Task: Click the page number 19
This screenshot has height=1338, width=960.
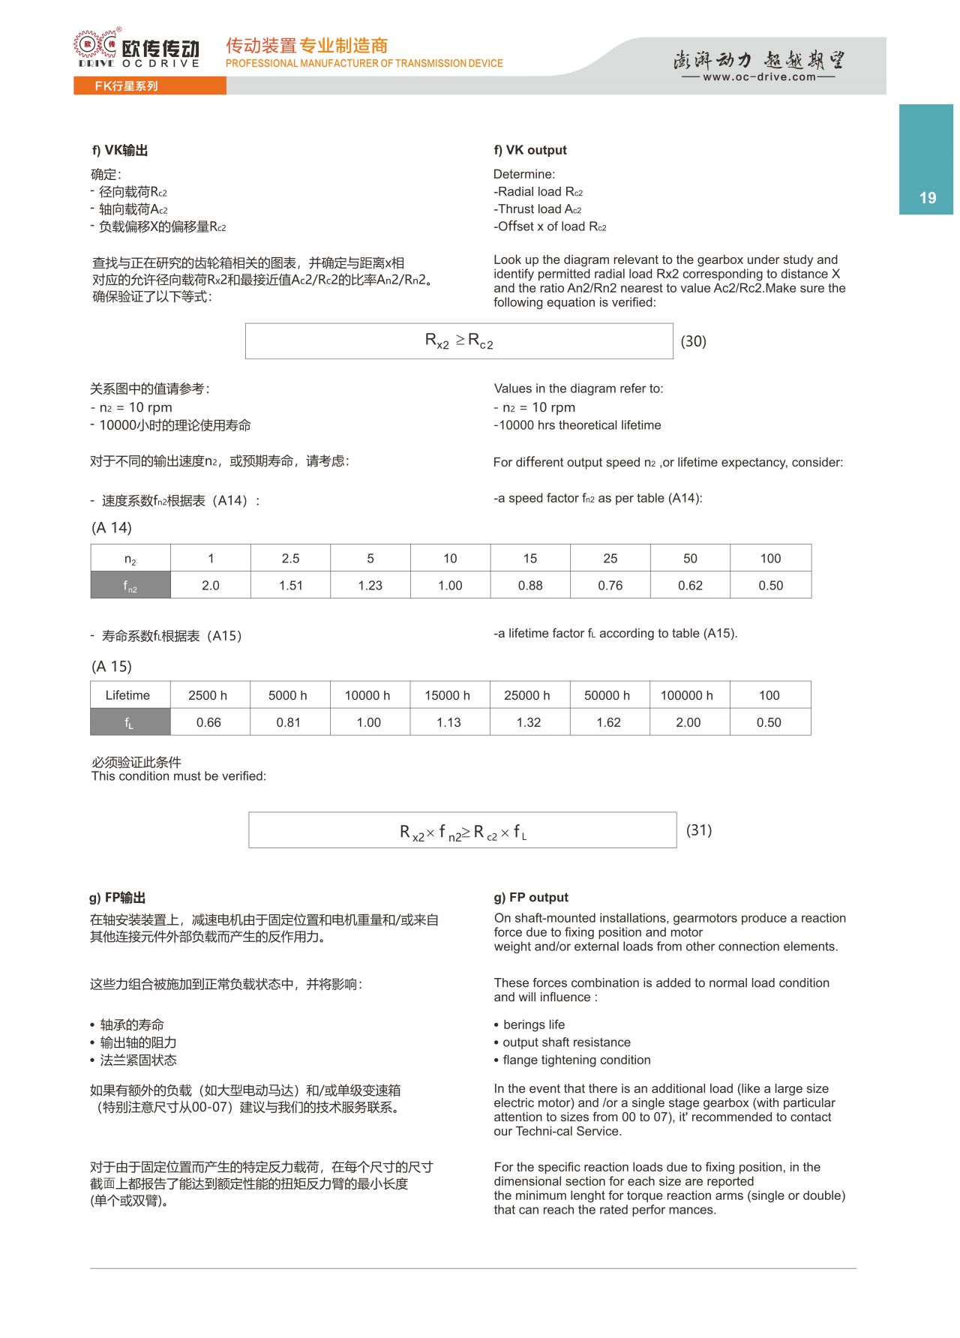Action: coord(928,198)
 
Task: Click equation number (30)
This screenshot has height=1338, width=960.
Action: coord(693,341)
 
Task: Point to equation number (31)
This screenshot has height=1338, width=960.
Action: coord(698,830)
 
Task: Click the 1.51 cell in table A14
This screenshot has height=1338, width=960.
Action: coord(290,586)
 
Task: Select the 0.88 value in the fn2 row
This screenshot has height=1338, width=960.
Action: coord(530,586)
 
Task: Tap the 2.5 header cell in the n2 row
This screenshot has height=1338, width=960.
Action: coord(290,559)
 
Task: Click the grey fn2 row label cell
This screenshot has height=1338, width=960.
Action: coord(130,586)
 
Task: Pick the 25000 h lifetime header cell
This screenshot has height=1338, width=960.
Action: coord(526,695)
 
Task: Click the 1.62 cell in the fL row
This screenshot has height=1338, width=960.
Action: coord(608,722)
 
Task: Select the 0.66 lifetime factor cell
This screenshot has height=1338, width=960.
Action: coord(208,722)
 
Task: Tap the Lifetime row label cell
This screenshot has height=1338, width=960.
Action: coord(127,695)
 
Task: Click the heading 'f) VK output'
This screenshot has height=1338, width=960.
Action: coord(529,150)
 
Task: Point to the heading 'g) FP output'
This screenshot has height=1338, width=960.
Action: coord(530,898)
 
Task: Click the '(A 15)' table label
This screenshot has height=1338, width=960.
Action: coord(111,667)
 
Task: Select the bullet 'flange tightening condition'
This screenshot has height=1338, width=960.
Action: coord(576,1060)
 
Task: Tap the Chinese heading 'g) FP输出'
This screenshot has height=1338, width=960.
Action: coord(117,898)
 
